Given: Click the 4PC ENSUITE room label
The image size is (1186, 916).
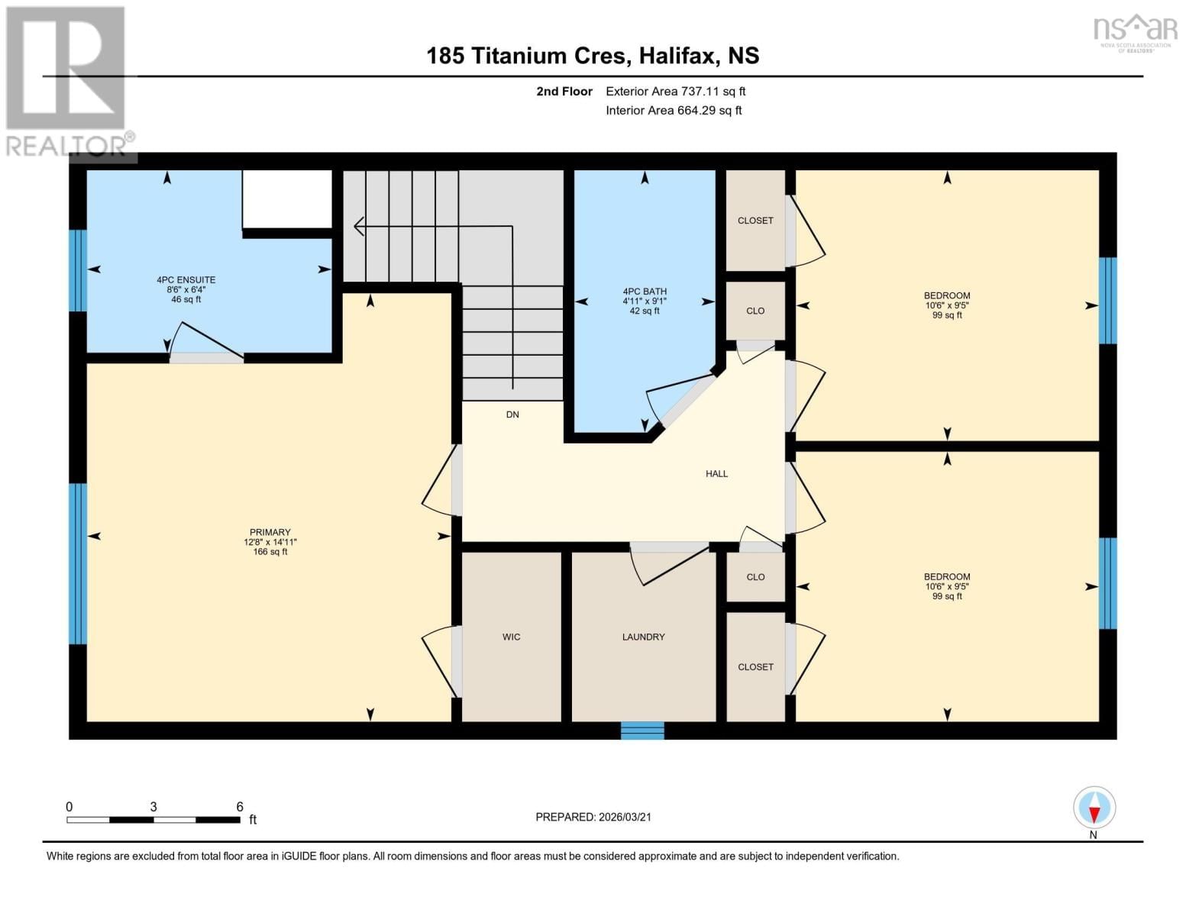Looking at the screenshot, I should click(x=186, y=280).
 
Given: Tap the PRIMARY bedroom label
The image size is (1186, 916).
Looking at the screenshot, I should click(x=270, y=532).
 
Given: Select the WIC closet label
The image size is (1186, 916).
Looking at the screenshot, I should click(x=511, y=637).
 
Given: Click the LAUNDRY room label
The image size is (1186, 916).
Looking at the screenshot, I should click(x=643, y=637).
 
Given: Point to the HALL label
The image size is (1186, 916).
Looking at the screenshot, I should click(x=716, y=474).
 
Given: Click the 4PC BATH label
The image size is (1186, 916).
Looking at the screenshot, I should click(x=645, y=292).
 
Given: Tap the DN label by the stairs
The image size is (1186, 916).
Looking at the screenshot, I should click(x=512, y=414).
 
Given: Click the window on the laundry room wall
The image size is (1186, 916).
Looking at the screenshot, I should click(x=642, y=731).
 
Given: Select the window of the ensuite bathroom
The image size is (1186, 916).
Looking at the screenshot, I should click(x=78, y=270).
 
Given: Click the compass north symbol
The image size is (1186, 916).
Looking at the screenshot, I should click(x=1094, y=808).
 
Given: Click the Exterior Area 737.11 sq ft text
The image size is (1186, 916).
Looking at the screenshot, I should click(x=675, y=92).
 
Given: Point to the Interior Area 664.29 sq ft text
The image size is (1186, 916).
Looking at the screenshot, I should click(x=674, y=111).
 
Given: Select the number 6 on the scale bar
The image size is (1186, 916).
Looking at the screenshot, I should click(x=240, y=807).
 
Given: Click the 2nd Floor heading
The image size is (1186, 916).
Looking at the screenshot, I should click(x=564, y=92).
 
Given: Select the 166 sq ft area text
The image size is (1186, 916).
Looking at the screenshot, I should click(x=270, y=552).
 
